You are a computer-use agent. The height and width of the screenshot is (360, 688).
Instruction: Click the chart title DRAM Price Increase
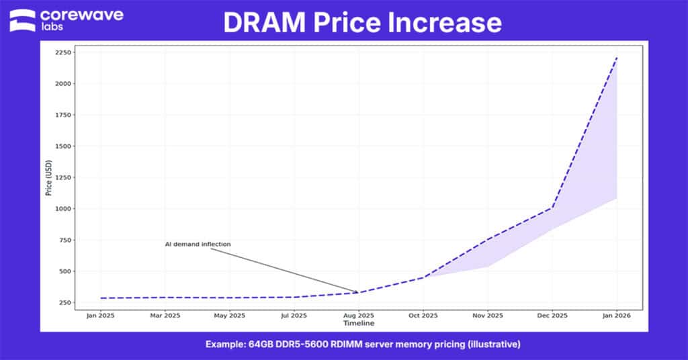coord(362,23)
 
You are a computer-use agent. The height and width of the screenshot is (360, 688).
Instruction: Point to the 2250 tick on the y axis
coord(64,52)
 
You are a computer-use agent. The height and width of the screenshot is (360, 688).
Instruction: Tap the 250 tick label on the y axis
coord(67,303)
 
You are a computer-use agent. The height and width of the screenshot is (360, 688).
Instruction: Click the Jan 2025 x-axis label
coord(100,316)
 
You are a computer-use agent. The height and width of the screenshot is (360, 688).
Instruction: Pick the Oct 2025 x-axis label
coord(423,316)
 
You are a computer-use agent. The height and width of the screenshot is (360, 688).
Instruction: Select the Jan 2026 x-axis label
coord(617,316)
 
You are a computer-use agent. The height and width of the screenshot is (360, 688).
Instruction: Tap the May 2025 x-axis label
coord(229,316)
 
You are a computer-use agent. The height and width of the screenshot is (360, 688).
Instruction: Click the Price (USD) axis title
coord(49,178)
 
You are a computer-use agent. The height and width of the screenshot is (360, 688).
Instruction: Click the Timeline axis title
coord(359,323)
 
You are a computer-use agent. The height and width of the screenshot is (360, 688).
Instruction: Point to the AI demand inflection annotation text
coord(198,244)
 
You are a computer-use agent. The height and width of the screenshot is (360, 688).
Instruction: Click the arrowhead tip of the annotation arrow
coord(358,292)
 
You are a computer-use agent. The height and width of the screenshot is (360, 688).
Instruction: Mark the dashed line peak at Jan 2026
coord(617,58)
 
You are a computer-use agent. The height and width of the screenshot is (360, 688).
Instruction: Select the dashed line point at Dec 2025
coord(552,208)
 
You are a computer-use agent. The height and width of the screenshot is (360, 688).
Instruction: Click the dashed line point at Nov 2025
coord(488,239)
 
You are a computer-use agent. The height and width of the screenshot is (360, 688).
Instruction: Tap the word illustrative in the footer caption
coord(497,345)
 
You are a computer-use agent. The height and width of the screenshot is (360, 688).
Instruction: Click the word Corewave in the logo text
coord(81,15)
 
